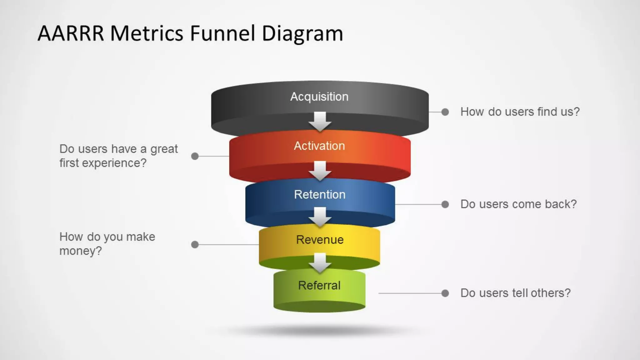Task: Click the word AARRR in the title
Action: tap(71, 33)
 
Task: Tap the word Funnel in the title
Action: tap(222, 33)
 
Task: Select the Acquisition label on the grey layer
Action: tap(319, 97)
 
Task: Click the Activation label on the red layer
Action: tap(319, 146)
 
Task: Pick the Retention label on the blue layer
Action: tap(319, 194)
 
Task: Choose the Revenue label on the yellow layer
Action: tap(320, 240)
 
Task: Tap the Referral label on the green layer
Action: tap(319, 285)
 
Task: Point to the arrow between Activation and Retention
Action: tap(320, 171)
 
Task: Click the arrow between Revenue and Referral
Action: tap(320, 263)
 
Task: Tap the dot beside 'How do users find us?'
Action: tap(445, 112)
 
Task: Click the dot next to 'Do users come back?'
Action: tap(445, 204)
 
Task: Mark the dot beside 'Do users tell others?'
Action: tap(445, 293)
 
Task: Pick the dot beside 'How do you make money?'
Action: tap(195, 244)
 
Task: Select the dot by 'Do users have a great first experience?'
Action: tap(195, 156)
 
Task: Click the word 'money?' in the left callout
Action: tap(81, 251)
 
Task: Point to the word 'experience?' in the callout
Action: tap(114, 163)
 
